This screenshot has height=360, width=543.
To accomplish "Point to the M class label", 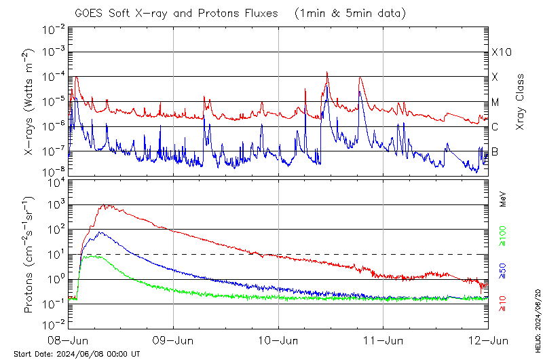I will pyautogui.click(x=495, y=103).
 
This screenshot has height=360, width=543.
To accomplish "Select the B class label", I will pyautogui.click(x=495, y=151).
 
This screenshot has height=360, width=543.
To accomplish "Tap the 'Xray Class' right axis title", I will pyautogui.click(x=521, y=102).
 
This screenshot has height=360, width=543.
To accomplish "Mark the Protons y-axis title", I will pyautogui.click(x=29, y=255).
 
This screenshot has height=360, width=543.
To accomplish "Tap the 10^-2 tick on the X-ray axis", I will pyautogui.click(x=54, y=29).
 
